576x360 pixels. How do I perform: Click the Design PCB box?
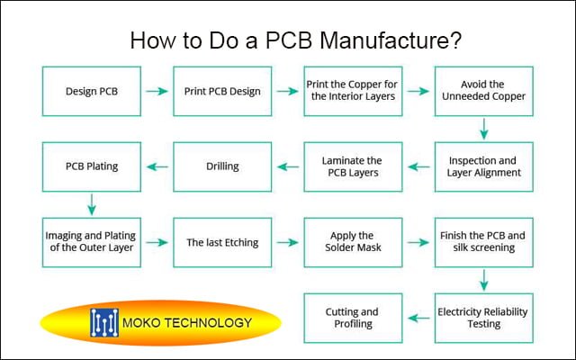pyautogui.click(x=92, y=91)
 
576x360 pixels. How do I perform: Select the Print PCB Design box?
pyautogui.click(x=222, y=91)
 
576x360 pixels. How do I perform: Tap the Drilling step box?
pyautogui.click(x=222, y=166)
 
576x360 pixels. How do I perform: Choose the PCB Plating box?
pyautogui.click(x=92, y=166)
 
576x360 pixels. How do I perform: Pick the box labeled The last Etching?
pyautogui.click(x=222, y=242)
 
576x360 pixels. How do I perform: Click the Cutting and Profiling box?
pyautogui.click(x=353, y=318)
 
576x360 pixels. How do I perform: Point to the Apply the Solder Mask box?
pyautogui.click(x=353, y=242)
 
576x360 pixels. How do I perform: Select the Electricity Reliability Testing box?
pyautogui.click(x=484, y=318)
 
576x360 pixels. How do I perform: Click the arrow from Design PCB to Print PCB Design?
pyautogui.click(x=157, y=91)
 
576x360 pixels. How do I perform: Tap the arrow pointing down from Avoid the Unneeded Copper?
pyautogui.click(x=484, y=129)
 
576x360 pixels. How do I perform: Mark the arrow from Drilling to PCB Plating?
pyautogui.click(x=157, y=166)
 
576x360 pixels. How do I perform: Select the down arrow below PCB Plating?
pyautogui.click(x=92, y=204)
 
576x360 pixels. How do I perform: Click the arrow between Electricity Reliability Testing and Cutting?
pyautogui.click(x=418, y=318)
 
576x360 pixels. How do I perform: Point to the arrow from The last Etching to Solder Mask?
pyautogui.click(x=287, y=242)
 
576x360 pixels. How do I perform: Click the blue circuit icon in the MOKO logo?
pyautogui.click(x=104, y=322)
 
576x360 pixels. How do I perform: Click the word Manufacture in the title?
pyautogui.click(x=391, y=40)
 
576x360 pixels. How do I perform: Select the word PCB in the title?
pyautogui.click(x=289, y=40)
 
